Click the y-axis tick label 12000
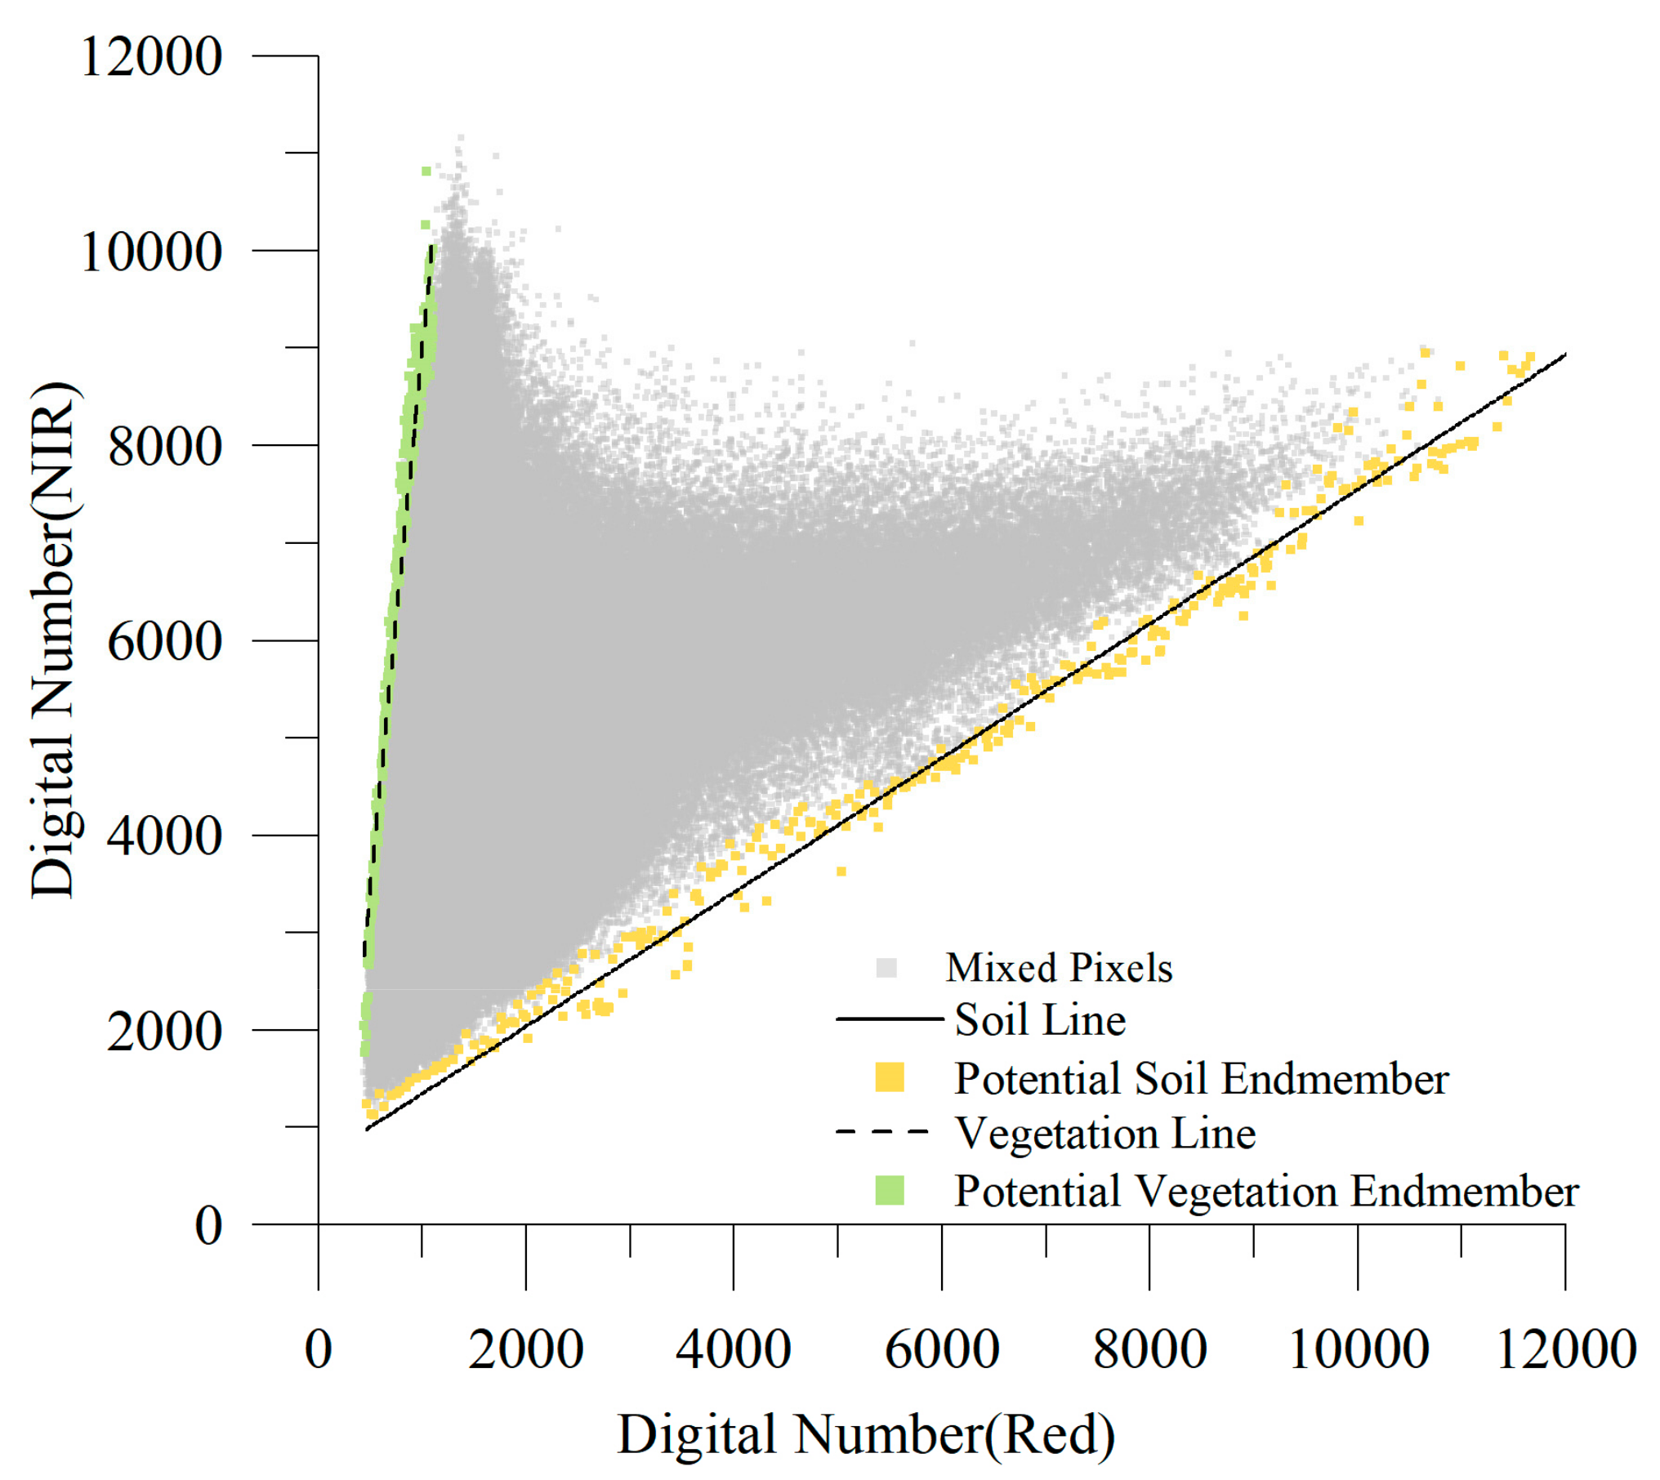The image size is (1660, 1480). (x=151, y=57)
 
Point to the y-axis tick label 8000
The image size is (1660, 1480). (x=164, y=447)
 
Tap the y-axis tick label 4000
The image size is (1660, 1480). (x=164, y=836)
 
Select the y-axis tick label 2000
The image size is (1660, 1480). (x=164, y=1031)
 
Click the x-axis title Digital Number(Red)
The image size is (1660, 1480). (x=866, y=1435)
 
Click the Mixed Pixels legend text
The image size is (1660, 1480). (x=1059, y=968)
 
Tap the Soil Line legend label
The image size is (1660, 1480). (x=1040, y=1020)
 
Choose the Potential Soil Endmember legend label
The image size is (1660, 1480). (x=1201, y=1079)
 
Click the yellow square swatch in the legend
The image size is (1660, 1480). (x=890, y=1077)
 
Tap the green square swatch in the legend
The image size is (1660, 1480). (x=890, y=1190)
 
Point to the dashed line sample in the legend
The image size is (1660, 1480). (x=883, y=1132)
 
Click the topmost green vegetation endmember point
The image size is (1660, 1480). (x=426, y=171)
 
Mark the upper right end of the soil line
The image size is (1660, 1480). (x=1564, y=354)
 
